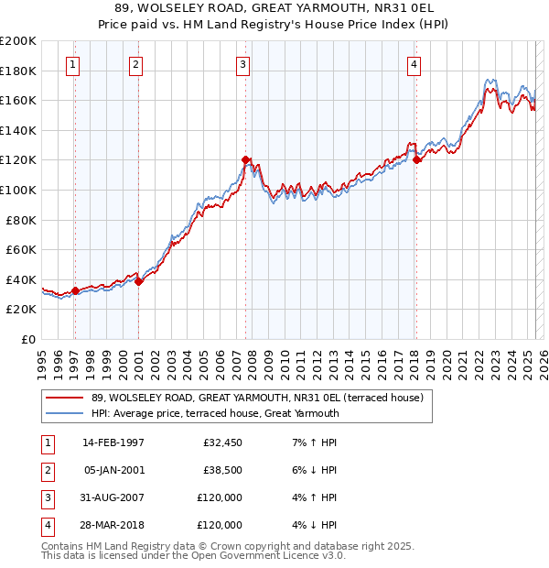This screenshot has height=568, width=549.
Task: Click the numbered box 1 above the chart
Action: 72,64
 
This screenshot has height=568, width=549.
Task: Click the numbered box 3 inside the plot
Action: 242,64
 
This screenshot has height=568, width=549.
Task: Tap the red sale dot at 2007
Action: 246,160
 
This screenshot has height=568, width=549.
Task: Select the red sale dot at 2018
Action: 416,160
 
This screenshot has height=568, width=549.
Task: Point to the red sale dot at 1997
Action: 75,290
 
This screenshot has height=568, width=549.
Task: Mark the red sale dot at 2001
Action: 138,281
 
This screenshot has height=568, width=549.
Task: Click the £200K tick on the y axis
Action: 18,40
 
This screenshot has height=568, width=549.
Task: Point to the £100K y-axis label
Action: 18,190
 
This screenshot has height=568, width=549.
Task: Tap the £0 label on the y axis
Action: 27,339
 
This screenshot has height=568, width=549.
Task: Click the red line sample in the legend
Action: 65,399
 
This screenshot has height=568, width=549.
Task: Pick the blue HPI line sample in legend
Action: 65,413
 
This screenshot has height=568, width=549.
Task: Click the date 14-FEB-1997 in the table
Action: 113,442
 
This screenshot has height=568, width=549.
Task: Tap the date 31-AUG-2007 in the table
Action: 113,498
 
